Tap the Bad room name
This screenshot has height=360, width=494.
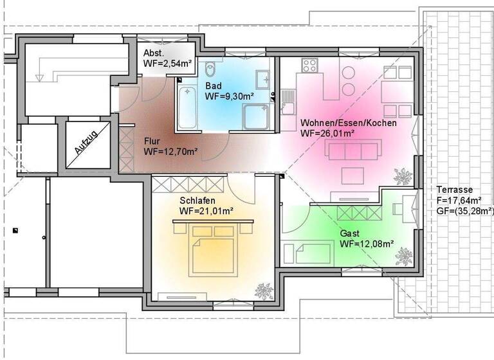click(213, 86)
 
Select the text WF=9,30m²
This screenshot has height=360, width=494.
click(230, 97)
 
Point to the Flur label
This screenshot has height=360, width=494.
click(152, 141)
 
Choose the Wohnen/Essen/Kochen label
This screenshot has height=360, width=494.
click(348, 123)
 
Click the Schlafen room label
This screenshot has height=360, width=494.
click(197, 201)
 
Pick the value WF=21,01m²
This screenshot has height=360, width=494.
click(206, 211)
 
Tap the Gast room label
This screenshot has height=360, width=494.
click(350, 233)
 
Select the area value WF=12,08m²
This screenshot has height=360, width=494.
click(367, 244)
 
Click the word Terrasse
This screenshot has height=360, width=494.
click(455, 190)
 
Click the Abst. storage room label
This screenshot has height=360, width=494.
click(154, 53)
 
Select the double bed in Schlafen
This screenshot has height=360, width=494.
click(212, 248)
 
